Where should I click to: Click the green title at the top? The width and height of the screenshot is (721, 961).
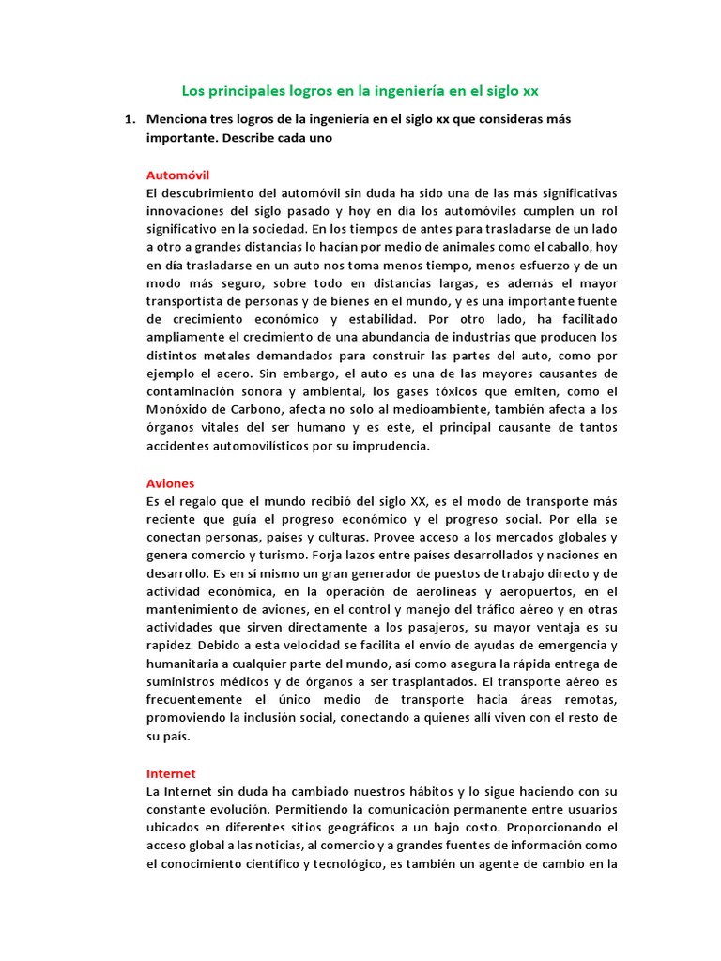(x=360, y=91)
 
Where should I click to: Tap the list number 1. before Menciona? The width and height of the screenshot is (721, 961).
(x=130, y=119)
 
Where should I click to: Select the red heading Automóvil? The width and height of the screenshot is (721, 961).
(x=177, y=175)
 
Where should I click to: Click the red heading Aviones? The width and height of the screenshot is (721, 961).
(x=170, y=483)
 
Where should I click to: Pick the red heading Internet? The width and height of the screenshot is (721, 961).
(x=171, y=774)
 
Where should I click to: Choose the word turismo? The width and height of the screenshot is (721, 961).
(x=290, y=556)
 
